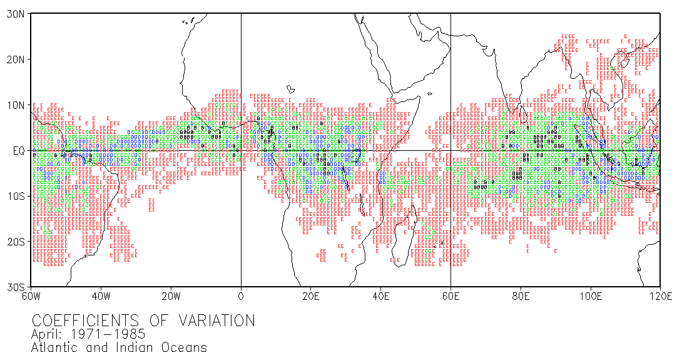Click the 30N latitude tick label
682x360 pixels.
coord(15,14)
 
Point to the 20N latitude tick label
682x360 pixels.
coord(15,59)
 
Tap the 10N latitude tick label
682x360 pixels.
coord(15,105)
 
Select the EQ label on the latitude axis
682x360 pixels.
coord(18,150)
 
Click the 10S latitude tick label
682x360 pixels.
coord(15,196)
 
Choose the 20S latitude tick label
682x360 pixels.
coord(15,241)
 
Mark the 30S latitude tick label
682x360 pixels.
coord(15,287)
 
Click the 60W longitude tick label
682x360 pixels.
coord(31,296)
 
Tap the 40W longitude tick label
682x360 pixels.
coord(101,296)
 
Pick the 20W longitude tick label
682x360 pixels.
coord(171,296)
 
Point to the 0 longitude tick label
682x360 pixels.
coord(241,296)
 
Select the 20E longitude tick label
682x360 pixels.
coord(311,296)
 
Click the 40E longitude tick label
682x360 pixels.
coord(380,296)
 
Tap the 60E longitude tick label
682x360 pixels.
coord(450,296)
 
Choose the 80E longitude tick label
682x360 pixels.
coord(521,296)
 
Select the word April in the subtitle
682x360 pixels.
coord(48,335)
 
